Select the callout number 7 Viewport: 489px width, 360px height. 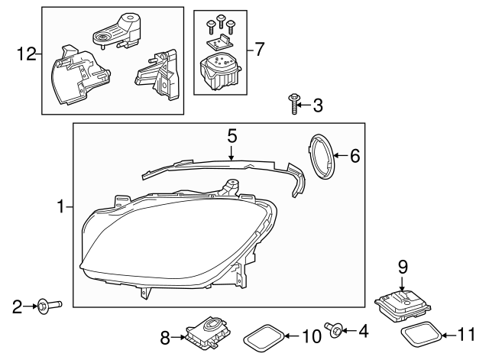pyautogui.click(x=259, y=50)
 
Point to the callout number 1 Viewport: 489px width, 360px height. pyautogui.click(x=60, y=206)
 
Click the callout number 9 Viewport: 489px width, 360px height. pyautogui.click(x=403, y=267)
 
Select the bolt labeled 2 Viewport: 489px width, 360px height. pyautogui.click(x=44, y=307)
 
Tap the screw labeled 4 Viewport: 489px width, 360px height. pyautogui.click(x=333, y=329)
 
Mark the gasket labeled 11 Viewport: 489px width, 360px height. pyautogui.click(x=422, y=333)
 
